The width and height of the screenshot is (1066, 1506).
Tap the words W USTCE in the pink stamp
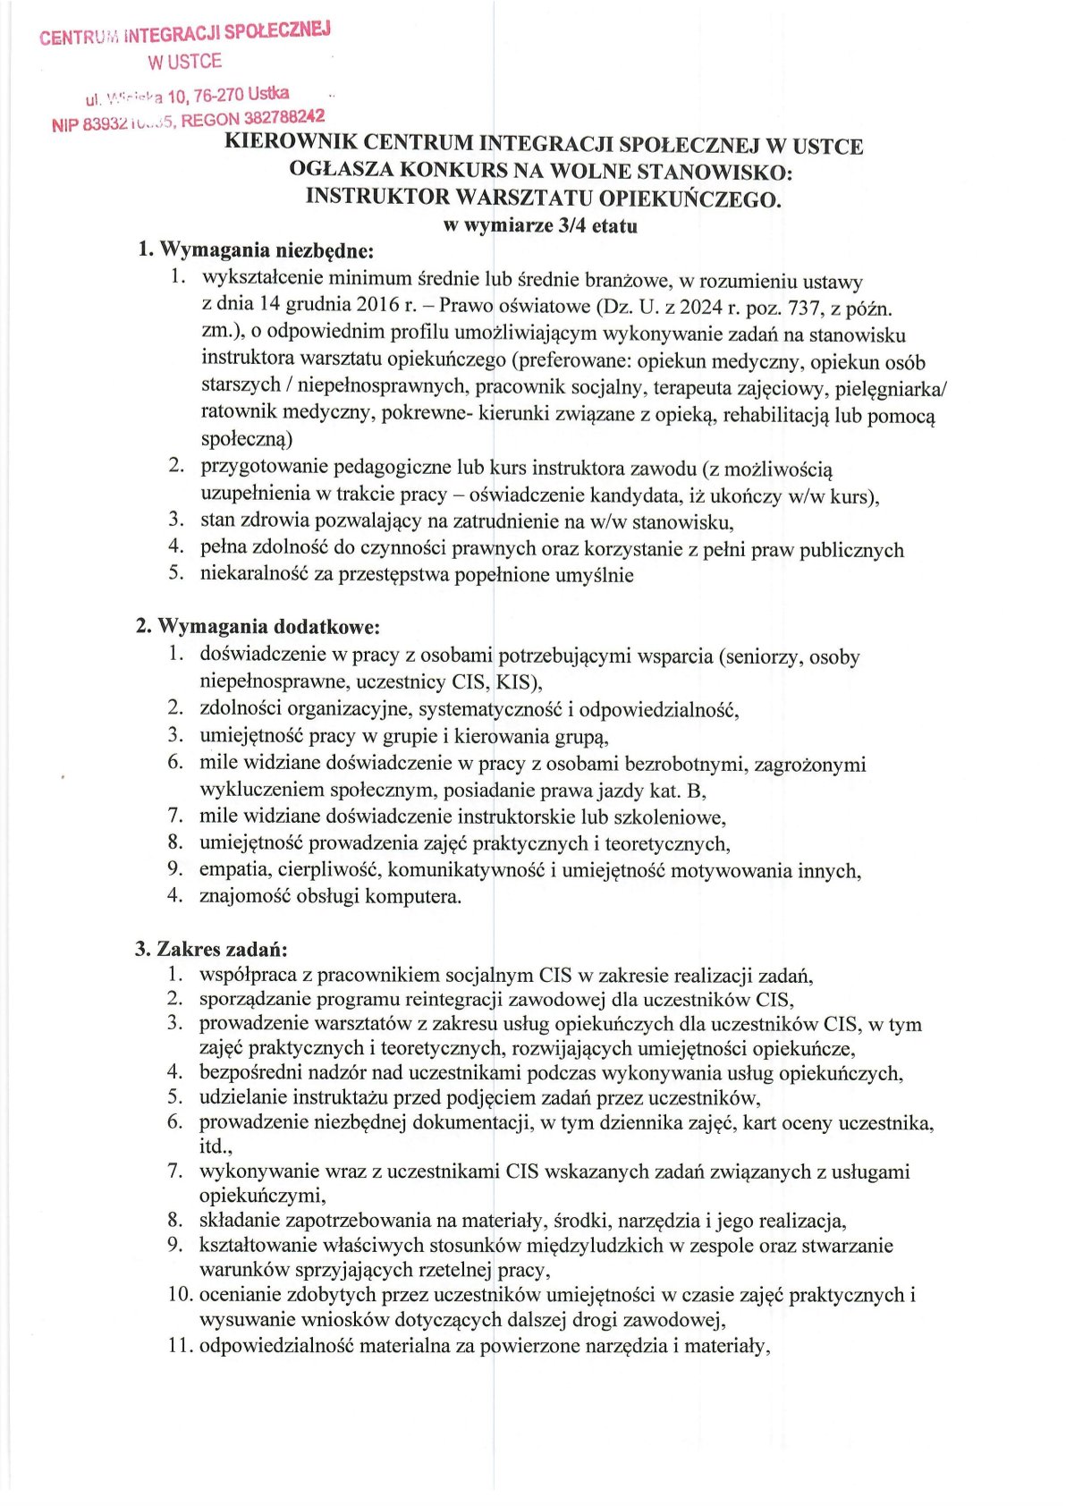pyautogui.click(x=184, y=62)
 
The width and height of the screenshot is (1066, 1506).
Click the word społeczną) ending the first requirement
pyautogui.click(x=247, y=439)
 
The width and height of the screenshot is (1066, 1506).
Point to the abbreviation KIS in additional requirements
pyautogui.click(x=513, y=682)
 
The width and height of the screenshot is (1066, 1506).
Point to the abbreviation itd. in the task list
pyautogui.click(x=215, y=1146)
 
